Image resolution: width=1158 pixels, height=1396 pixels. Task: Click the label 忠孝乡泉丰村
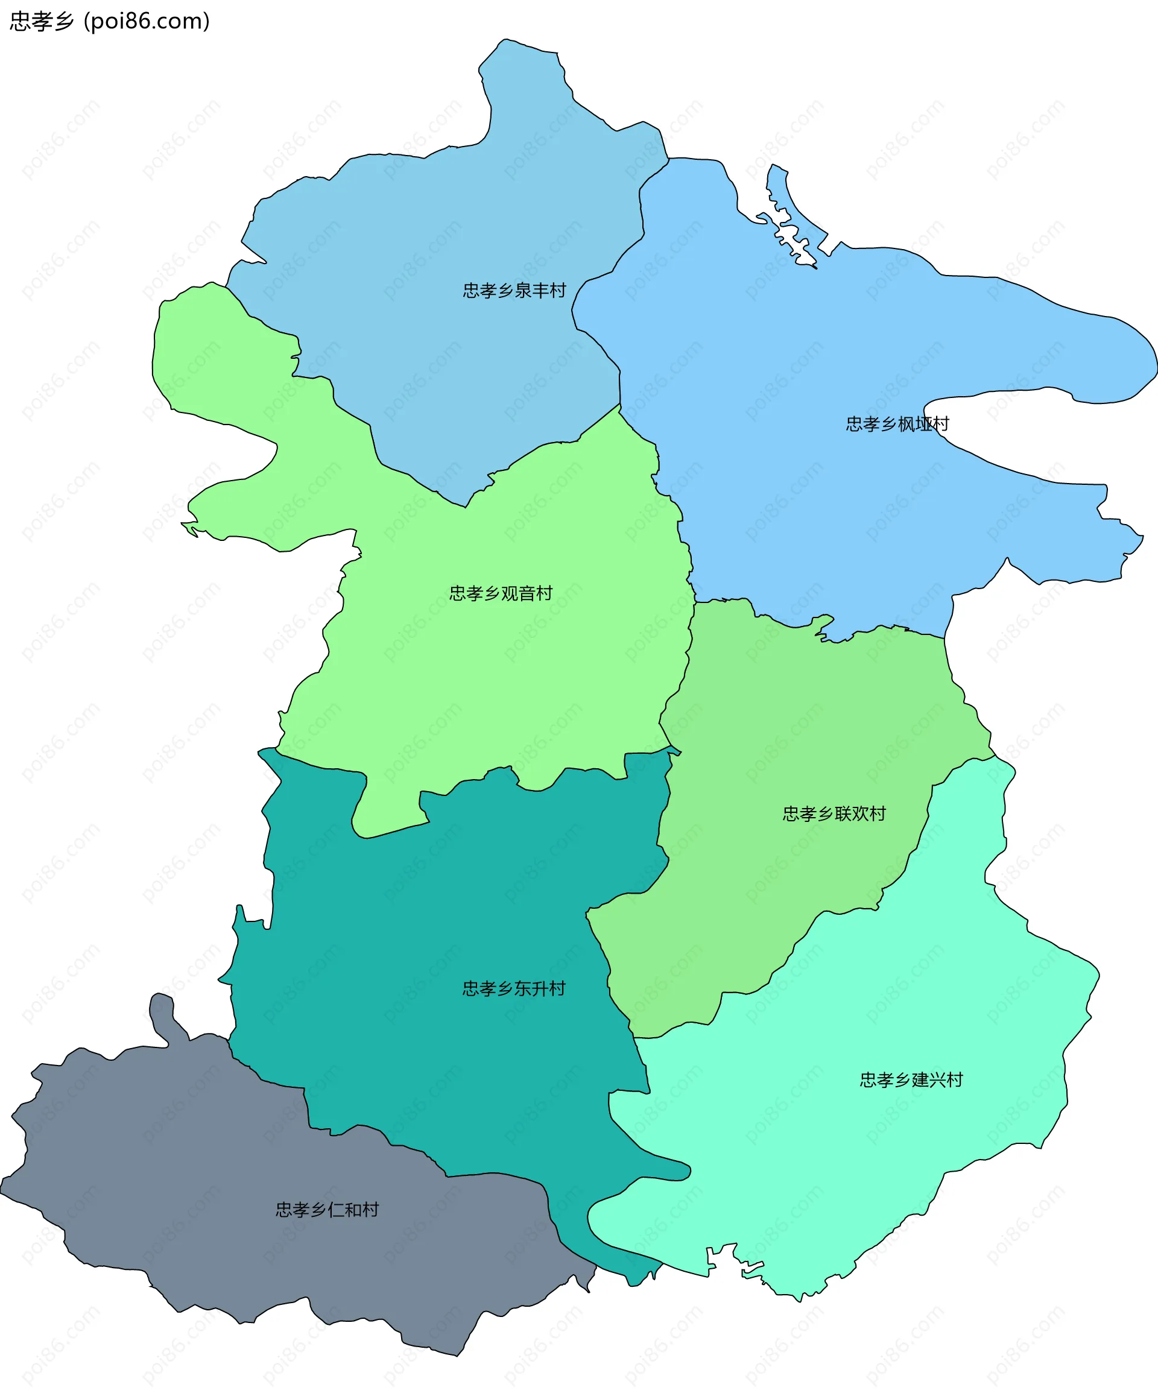[514, 291]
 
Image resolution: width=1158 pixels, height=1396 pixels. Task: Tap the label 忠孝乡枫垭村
[897, 424]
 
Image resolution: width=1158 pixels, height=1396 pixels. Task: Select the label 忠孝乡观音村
[501, 593]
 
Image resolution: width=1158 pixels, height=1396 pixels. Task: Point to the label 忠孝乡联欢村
[834, 813]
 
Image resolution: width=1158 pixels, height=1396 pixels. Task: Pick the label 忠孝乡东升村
[514, 988]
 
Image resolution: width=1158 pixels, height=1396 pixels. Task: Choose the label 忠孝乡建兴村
[911, 1079]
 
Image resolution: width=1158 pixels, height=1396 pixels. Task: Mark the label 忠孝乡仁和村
[327, 1209]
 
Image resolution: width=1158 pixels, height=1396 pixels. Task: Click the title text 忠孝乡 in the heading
[41, 21]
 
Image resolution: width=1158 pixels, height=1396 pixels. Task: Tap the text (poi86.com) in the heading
[147, 21]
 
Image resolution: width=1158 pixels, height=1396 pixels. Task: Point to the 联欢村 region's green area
[798, 731]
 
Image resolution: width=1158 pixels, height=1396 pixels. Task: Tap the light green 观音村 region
[499, 665]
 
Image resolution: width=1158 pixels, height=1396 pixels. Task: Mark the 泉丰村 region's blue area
[432, 233]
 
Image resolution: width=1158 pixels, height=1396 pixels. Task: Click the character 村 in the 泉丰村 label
[558, 291]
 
